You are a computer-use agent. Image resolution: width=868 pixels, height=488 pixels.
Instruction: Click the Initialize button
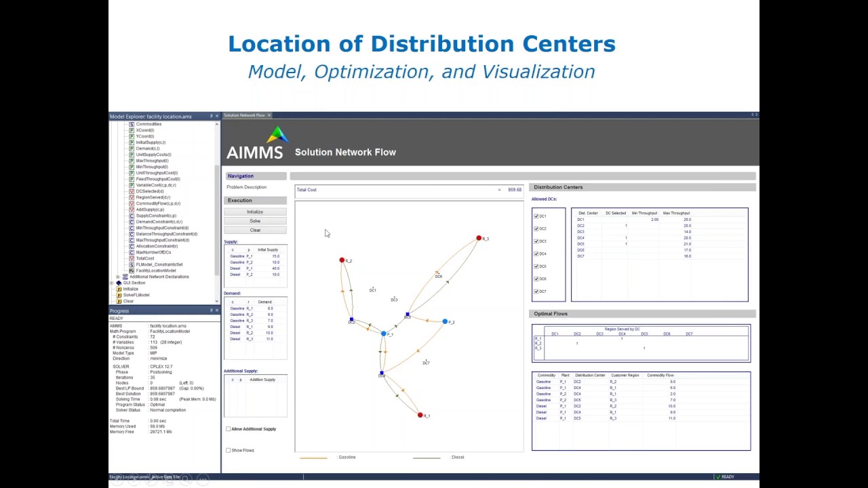[x=255, y=211]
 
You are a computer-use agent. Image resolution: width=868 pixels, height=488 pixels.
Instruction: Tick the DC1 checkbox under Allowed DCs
[x=536, y=216]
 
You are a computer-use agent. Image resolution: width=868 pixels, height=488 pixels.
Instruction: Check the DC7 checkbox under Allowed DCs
[x=536, y=291]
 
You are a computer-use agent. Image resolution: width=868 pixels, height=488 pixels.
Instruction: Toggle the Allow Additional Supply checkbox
[x=228, y=429]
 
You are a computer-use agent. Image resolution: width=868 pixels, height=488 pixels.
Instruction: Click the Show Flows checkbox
[x=228, y=450]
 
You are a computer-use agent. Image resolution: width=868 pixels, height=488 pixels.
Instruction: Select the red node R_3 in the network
[x=479, y=238]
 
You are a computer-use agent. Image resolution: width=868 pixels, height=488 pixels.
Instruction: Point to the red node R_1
[x=420, y=415]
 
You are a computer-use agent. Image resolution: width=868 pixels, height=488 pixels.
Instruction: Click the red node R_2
[x=342, y=260]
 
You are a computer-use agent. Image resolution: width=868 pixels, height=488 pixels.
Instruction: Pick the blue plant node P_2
[x=445, y=321]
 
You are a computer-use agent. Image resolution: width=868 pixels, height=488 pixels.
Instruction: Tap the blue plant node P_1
[x=383, y=333]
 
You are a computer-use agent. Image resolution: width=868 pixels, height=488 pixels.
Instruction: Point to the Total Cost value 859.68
[x=515, y=190]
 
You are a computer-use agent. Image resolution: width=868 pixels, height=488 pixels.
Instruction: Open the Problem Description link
[x=247, y=187]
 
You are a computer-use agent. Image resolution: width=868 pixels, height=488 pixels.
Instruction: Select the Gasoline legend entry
[x=347, y=457]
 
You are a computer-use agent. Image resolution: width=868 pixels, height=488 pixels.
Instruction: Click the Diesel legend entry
[x=458, y=457]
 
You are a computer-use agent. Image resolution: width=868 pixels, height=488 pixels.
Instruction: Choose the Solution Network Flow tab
[x=244, y=115]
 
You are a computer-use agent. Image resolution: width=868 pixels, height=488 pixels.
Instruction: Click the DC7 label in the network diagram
[x=426, y=363]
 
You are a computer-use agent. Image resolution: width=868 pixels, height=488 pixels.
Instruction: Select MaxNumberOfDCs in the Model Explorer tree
[x=153, y=252]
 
